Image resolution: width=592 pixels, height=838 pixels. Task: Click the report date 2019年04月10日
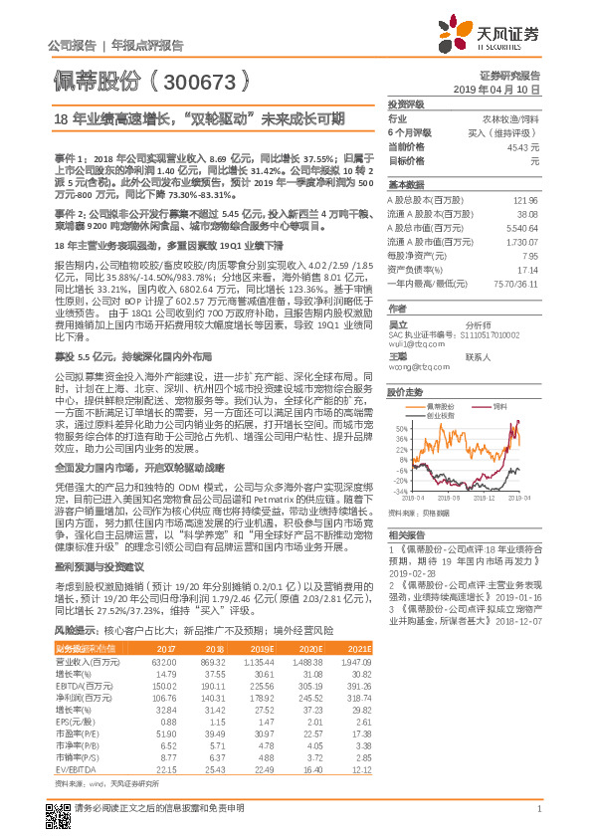(x=503, y=89)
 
